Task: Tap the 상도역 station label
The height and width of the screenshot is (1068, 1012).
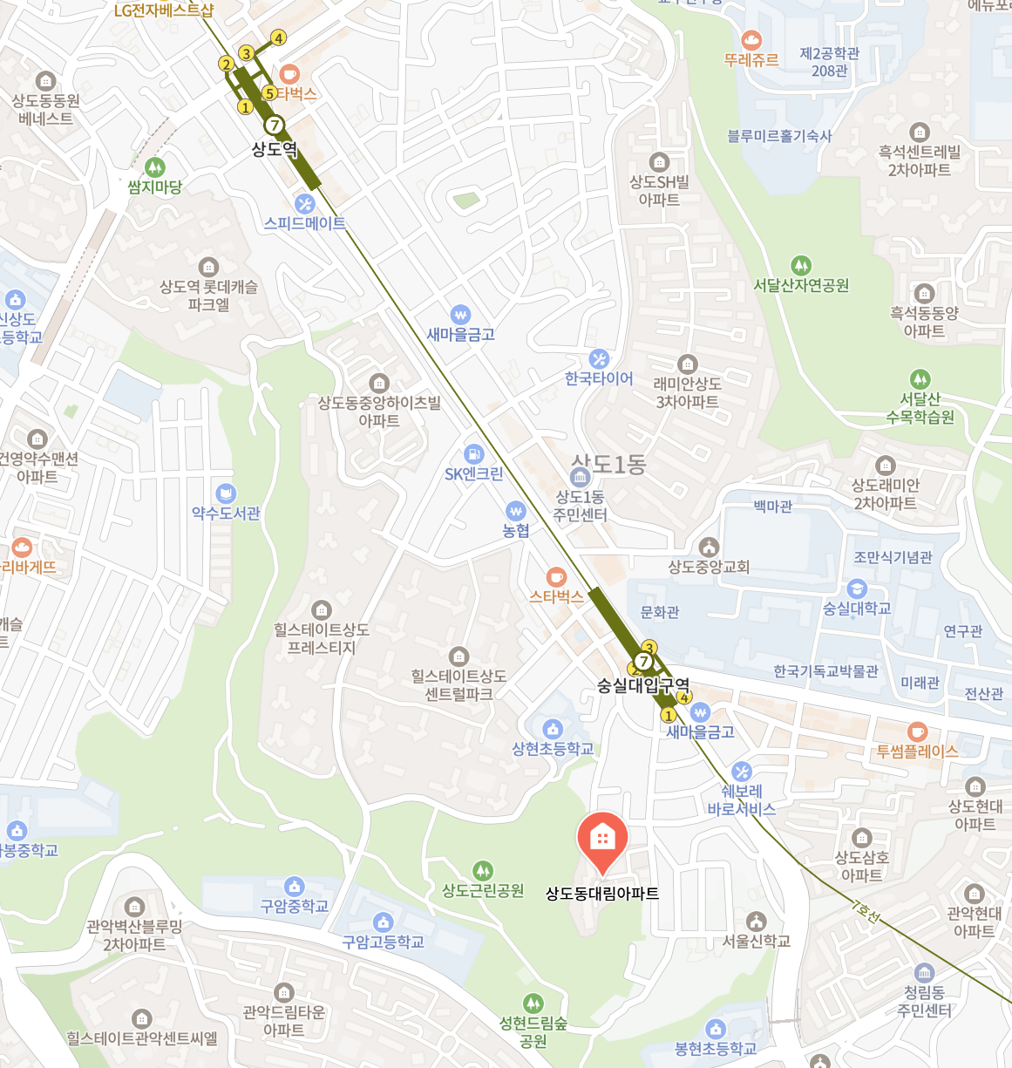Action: tap(275, 149)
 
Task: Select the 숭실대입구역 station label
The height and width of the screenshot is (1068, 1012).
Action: tap(643, 686)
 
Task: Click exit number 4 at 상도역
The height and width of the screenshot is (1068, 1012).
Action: tap(278, 37)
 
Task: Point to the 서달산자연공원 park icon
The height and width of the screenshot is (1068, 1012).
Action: tap(801, 265)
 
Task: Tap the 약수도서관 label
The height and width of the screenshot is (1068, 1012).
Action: tap(226, 514)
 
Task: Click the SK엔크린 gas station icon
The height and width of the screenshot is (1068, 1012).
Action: tap(473, 454)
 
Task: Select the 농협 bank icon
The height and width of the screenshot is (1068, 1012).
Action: tap(516, 510)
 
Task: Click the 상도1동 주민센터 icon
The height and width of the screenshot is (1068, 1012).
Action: tap(580, 477)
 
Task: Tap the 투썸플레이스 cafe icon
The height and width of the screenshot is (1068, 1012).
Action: tap(917, 731)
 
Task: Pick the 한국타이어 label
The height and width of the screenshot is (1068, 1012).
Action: tap(599, 378)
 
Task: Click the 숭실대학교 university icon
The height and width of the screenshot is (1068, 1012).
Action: tap(857, 588)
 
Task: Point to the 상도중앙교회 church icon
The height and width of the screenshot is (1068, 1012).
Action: tap(709, 547)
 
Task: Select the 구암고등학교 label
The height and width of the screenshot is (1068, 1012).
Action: tap(383, 942)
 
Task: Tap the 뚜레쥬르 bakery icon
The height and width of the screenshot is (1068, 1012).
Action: tap(751, 40)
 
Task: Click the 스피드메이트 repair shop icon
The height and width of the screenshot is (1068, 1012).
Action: tap(304, 204)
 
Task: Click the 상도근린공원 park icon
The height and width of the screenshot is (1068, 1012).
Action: tap(482, 870)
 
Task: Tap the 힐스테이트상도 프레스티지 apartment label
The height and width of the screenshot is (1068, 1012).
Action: tap(322, 638)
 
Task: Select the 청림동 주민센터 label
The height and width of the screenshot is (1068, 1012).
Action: tap(924, 1002)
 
